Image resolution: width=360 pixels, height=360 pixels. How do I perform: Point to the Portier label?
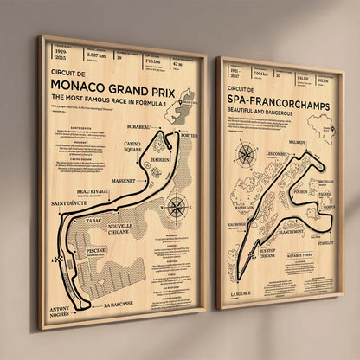coord(190,135)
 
